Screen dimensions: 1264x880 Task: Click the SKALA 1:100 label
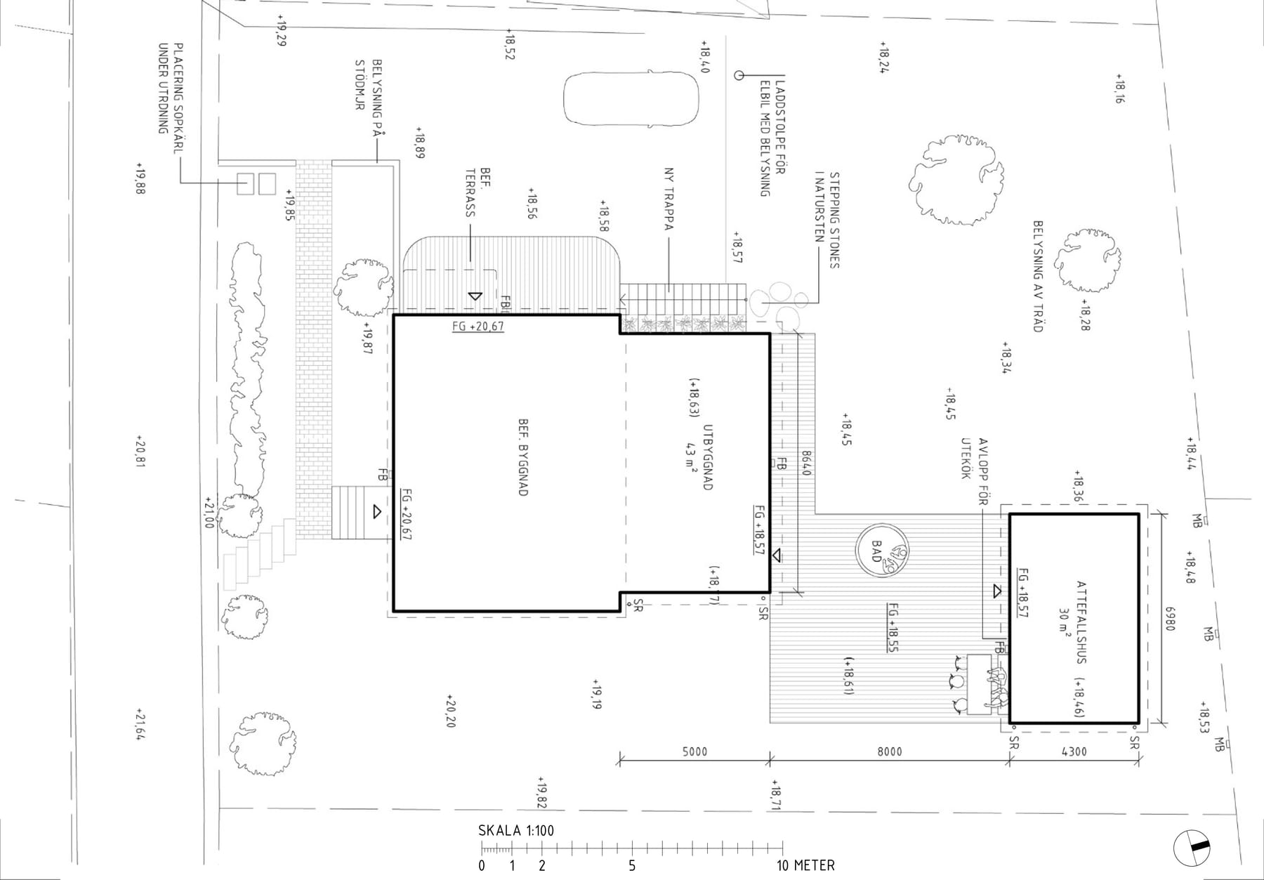tap(516, 831)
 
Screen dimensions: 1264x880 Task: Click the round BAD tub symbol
tap(882, 550)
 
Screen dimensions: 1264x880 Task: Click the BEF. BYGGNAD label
tap(523, 458)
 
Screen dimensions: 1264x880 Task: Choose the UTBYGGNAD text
tap(707, 457)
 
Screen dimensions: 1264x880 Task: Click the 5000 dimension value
tap(694, 751)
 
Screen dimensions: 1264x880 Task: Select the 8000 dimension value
tap(890, 751)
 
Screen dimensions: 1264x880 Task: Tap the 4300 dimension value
tap(1074, 751)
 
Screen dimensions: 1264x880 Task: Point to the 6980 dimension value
tap(1169, 619)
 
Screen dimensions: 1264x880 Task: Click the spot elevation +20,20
tap(450, 711)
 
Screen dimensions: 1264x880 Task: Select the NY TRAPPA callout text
tap(669, 199)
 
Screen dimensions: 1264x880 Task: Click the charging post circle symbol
tap(739, 75)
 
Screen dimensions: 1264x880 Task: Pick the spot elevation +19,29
tap(282, 30)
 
